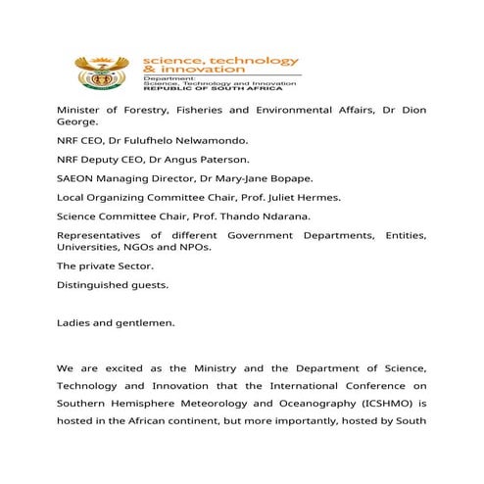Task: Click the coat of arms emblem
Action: (100, 72)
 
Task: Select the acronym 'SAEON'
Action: (75, 178)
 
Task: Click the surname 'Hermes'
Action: (316, 197)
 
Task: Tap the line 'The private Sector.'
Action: (105, 266)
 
